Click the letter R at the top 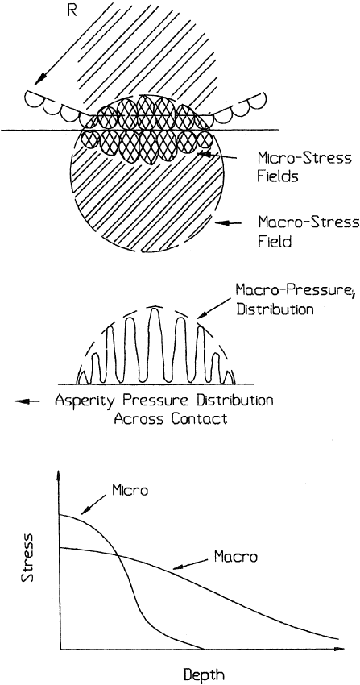[x=72, y=10]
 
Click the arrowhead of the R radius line [x=40, y=79]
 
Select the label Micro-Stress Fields [x=304, y=167]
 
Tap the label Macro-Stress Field [x=308, y=231]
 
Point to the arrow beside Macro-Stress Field [x=228, y=222]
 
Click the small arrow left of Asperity [x=27, y=401]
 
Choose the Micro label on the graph [x=130, y=490]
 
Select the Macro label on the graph [x=236, y=557]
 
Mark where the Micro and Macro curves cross [x=118, y=554]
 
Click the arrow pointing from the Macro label [x=191, y=564]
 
